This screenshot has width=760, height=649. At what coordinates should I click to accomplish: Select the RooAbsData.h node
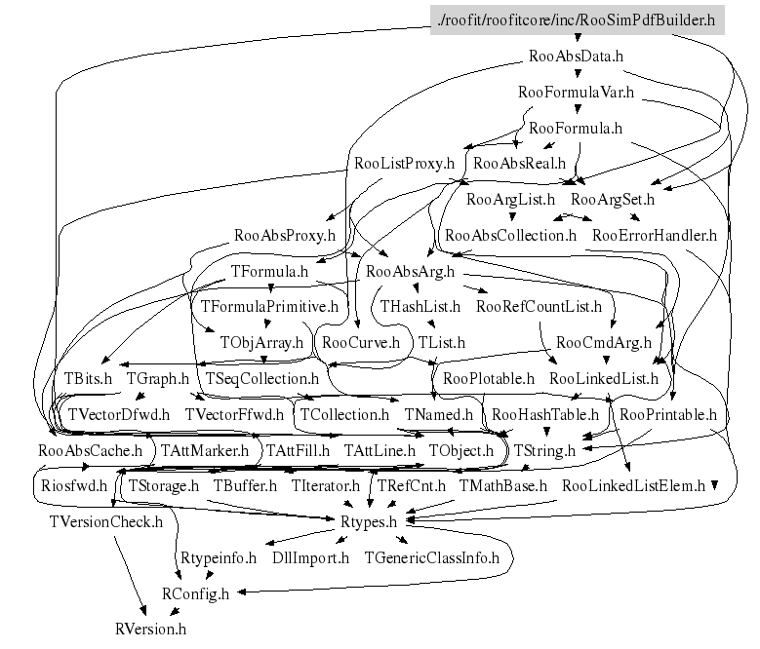click(576, 56)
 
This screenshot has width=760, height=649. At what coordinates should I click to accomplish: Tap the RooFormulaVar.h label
click(576, 93)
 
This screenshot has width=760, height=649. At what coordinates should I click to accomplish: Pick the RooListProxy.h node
click(405, 164)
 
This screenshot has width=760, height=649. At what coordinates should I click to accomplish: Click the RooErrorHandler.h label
click(654, 235)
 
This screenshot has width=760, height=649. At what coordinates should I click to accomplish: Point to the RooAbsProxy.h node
click(285, 235)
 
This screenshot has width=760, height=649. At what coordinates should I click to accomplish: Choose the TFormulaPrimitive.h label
click(268, 307)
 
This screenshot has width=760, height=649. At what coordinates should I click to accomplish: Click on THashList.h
click(420, 307)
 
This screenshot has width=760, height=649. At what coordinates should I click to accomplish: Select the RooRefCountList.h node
click(539, 307)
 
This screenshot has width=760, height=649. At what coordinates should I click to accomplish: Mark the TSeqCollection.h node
click(261, 378)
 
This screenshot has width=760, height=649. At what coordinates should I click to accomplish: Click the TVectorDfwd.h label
click(119, 414)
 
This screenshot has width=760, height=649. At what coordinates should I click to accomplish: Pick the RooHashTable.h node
click(545, 414)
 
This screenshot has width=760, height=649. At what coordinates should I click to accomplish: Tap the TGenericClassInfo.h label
click(431, 557)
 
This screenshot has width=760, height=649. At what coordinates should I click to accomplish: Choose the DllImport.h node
click(310, 557)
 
